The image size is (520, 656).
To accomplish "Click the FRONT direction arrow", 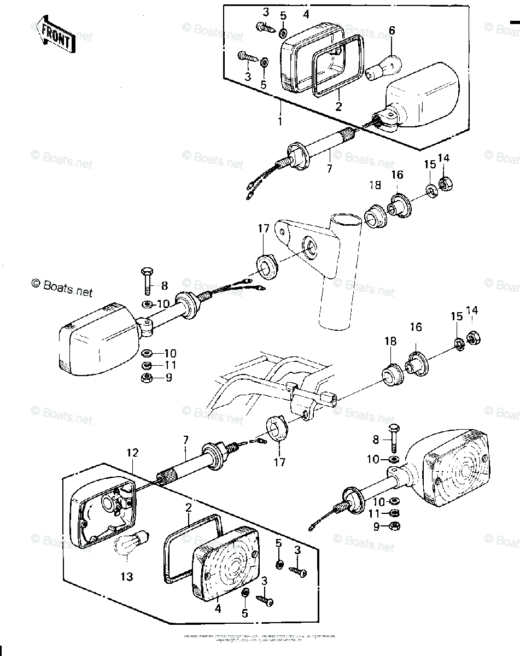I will (x=53, y=34).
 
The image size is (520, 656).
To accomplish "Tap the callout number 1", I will (x=280, y=121).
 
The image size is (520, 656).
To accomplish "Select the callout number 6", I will (x=392, y=31).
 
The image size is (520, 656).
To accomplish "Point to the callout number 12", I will (x=132, y=453).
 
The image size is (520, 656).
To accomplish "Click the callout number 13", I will (x=127, y=576).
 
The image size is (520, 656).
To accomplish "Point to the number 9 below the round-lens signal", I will (x=377, y=526).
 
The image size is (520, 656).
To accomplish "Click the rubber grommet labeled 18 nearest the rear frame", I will (x=392, y=374).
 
